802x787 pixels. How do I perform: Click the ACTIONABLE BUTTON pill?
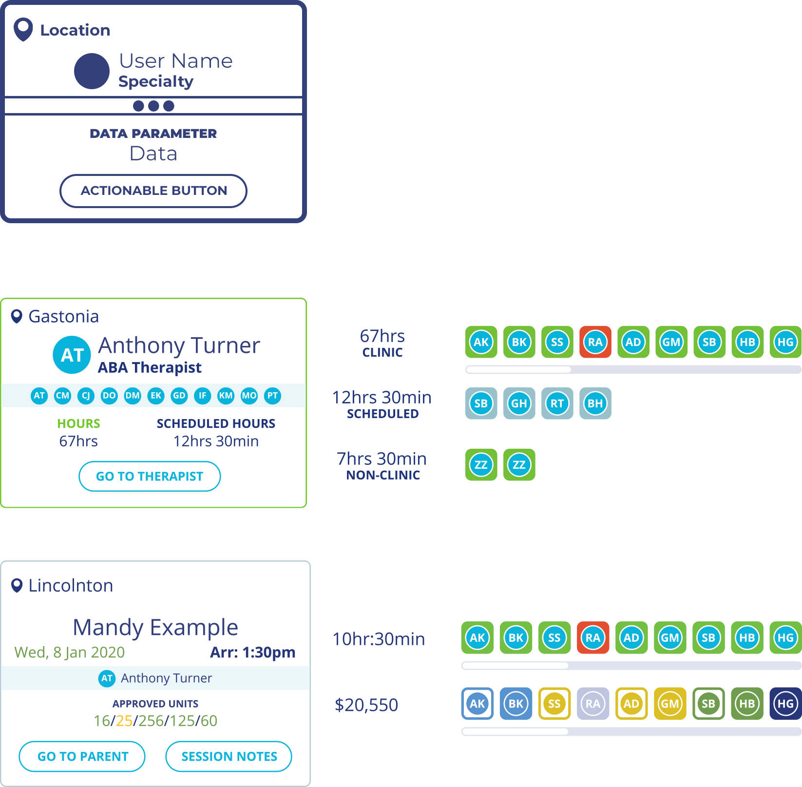point(153,191)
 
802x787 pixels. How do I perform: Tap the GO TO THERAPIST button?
point(149,476)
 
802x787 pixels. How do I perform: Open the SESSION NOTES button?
point(229,756)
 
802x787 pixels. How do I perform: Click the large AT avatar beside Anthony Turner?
point(72,355)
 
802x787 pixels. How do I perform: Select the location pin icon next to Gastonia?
point(17,317)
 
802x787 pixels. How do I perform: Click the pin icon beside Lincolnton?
point(17,585)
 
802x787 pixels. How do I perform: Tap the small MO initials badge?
point(249,396)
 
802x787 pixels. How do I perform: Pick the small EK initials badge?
point(156,396)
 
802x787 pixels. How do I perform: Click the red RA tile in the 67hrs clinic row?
point(595,342)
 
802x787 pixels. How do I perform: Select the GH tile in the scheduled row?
point(519,403)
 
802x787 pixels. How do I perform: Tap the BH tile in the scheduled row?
point(595,403)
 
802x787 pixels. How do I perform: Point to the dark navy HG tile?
point(785,704)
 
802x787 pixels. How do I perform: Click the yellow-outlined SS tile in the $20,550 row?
point(554,704)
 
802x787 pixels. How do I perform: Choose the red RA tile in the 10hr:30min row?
point(592,637)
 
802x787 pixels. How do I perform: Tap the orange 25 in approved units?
point(124,721)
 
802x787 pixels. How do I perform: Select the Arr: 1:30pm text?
point(252,652)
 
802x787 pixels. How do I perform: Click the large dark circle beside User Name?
point(92,71)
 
